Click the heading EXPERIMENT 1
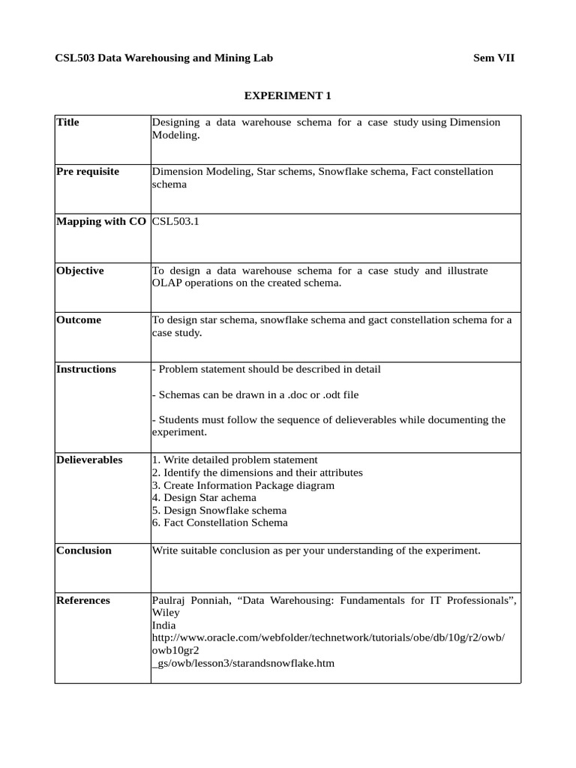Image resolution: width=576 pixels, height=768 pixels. click(x=288, y=95)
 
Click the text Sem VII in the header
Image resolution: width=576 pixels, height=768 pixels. click(x=494, y=58)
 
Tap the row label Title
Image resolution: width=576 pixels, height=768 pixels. click(x=67, y=122)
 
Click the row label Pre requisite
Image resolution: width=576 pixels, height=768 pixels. click(x=88, y=172)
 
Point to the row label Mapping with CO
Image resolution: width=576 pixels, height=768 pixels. click(x=101, y=221)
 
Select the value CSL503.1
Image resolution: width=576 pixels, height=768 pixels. click(x=176, y=221)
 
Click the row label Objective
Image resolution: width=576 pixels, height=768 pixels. click(x=80, y=271)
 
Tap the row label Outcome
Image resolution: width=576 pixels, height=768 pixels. click(x=79, y=320)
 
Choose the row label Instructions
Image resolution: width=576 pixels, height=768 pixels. click(x=86, y=369)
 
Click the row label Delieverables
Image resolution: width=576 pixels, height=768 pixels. click(x=89, y=460)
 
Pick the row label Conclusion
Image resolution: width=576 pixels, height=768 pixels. click(x=84, y=550)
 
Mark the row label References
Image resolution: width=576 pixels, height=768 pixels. click(x=83, y=600)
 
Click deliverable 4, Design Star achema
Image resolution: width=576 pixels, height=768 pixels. click(x=204, y=497)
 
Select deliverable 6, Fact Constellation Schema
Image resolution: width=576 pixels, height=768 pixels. click(x=220, y=523)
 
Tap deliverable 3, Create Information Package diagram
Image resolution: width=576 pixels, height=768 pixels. click(x=243, y=485)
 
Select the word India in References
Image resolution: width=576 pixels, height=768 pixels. click(x=164, y=625)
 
